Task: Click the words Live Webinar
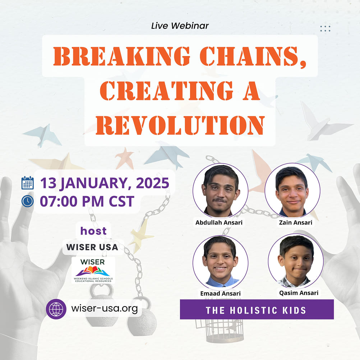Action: pos(180,26)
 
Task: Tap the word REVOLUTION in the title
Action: pos(180,125)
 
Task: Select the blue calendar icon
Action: pos(28,183)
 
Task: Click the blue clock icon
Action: pos(28,201)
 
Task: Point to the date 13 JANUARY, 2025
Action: pos(105,183)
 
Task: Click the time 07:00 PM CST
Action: pos(87,201)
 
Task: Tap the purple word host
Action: pos(93,231)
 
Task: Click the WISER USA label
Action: pos(92,248)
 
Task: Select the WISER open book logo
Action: pos(93,269)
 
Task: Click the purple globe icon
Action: pos(56,309)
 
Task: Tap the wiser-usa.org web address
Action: pos(104,309)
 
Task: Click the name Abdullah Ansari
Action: pos(219,223)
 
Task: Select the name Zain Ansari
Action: pos(295,223)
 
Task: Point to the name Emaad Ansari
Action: pos(220,294)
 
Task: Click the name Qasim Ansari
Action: pos(299,293)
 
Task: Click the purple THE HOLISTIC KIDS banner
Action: pos(257,310)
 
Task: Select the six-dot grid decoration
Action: pos(325,29)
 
